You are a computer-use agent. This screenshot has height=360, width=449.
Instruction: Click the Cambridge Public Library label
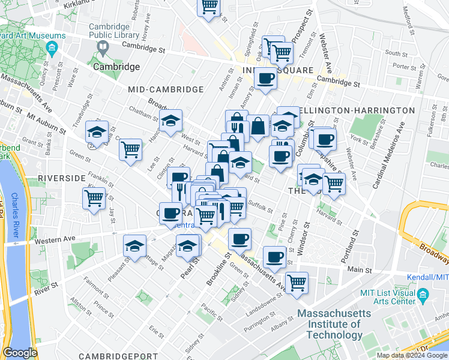coord(109,31)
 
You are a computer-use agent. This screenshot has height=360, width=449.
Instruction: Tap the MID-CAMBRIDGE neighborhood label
coord(166,89)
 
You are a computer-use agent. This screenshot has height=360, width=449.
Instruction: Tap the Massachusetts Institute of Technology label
coord(330,325)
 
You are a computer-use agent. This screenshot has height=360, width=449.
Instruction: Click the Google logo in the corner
coord(20,353)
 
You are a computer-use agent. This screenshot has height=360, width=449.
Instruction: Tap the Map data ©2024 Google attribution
coord(412,355)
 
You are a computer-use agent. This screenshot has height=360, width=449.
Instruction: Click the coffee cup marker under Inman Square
coord(265,79)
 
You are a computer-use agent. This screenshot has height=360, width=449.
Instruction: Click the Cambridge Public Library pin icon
coord(103,47)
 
